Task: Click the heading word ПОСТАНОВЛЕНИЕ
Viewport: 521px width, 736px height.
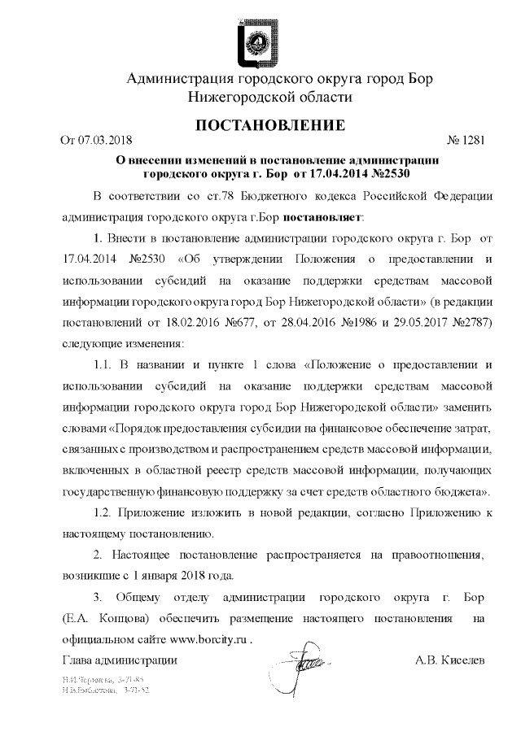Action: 260,125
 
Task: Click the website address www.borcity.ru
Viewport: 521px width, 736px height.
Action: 208,639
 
